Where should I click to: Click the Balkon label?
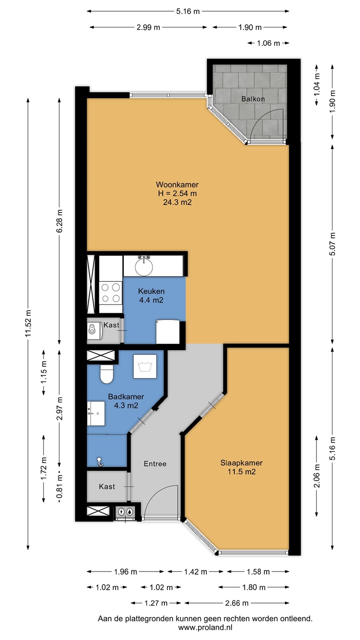pyautogui.click(x=253, y=99)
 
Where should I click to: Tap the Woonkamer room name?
pyautogui.click(x=177, y=184)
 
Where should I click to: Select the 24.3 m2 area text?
pyautogui.click(x=177, y=202)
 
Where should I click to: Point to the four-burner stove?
pyautogui.click(x=111, y=293)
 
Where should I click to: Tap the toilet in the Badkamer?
pyautogui.click(x=107, y=374)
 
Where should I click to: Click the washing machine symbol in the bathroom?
pyautogui.click(x=145, y=367)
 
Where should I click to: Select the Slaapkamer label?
pyautogui.click(x=241, y=463)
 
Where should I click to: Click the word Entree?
pyautogui.click(x=155, y=464)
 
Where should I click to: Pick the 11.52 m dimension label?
pyautogui.click(x=28, y=323)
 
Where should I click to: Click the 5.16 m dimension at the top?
pyautogui.click(x=188, y=12)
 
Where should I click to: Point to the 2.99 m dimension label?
pyautogui.click(x=148, y=28)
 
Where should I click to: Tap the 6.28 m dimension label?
pyautogui.click(x=60, y=221)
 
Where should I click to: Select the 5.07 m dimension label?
pyautogui.click(x=332, y=244)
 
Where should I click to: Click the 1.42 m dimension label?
pyautogui.click(x=196, y=572)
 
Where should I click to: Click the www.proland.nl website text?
pyautogui.click(x=205, y=628)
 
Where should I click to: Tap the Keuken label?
pyautogui.click(x=151, y=291)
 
